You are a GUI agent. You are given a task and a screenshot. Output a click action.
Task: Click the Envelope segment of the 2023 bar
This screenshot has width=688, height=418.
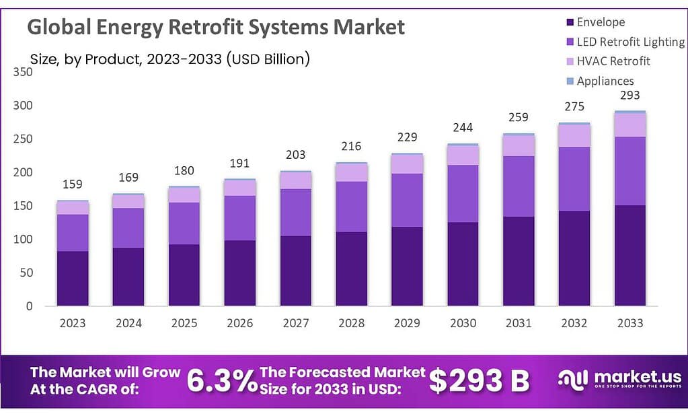(73, 278)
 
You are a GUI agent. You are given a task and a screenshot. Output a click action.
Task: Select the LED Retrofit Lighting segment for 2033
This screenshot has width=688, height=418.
(630, 171)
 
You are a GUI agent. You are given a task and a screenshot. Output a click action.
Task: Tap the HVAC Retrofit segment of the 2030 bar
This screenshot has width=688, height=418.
(463, 155)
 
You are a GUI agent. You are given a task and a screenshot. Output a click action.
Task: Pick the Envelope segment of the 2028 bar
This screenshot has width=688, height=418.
(352, 269)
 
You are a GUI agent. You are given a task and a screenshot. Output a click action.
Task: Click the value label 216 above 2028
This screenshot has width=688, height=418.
(352, 146)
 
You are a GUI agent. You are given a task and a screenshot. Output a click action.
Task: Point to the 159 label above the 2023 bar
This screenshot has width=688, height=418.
(73, 184)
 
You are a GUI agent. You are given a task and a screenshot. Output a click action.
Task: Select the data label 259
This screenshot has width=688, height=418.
(519, 117)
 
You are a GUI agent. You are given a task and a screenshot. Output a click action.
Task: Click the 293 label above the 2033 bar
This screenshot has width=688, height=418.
(630, 95)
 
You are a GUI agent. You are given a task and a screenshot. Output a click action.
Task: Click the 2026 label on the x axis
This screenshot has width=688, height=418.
(240, 323)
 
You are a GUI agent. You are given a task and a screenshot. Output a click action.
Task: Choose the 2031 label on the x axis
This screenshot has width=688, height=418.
(519, 323)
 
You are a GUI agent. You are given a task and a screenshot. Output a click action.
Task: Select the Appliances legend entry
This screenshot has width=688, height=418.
(605, 81)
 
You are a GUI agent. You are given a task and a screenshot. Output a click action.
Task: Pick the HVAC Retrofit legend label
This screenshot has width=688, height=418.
(613, 61)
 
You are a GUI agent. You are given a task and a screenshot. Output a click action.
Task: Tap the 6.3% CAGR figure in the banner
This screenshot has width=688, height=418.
(222, 381)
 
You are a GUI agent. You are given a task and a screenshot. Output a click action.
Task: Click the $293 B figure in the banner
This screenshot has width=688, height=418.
(479, 381)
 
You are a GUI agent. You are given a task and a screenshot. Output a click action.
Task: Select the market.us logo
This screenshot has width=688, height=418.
(619, 380)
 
